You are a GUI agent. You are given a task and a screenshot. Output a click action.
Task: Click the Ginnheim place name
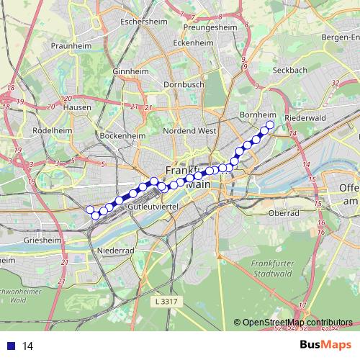tap(130, 72)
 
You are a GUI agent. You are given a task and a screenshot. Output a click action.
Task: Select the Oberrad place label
tap(283, 213)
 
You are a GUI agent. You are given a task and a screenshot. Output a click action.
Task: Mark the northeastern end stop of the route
tap(270, 125)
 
